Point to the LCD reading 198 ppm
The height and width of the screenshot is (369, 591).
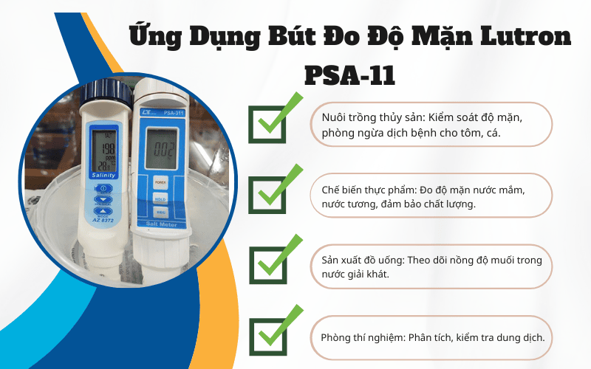(x=104, y=148)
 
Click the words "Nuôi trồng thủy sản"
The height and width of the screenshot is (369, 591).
(x=365, y=119)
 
